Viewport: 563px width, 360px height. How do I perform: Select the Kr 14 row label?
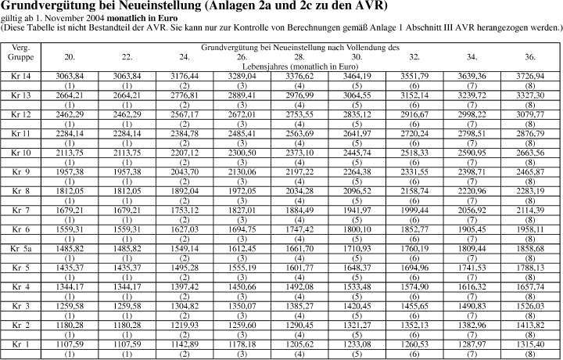[21, 76]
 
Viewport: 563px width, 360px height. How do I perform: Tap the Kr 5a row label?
[21, 248]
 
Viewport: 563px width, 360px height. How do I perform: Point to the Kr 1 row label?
[21, 344]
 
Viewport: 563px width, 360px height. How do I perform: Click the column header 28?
[299, 57]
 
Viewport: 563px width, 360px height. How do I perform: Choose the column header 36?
[529, 57]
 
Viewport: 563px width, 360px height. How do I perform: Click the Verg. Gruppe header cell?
[21, 52]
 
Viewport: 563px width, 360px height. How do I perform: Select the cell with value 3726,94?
[529, 76]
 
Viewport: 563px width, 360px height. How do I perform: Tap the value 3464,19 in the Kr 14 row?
[357, 76]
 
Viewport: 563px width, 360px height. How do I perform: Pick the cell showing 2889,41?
[242, 95]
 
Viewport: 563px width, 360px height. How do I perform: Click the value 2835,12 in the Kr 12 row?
[357, 114]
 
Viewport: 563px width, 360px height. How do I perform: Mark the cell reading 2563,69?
[299, 133]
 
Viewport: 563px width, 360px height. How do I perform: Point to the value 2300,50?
[242, 153]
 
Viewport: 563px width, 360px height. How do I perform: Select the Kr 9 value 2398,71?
[472, 171]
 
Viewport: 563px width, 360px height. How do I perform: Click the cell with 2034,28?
[299, 191]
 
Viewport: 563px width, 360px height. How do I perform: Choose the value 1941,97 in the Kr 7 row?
[357, 210]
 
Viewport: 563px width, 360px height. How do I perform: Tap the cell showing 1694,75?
[242, 229]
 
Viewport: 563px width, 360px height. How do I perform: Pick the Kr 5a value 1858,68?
[529, 248]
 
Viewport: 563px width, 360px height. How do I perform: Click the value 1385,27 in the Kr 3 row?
[299, 305]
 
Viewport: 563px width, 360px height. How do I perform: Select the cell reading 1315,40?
[529, 344]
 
